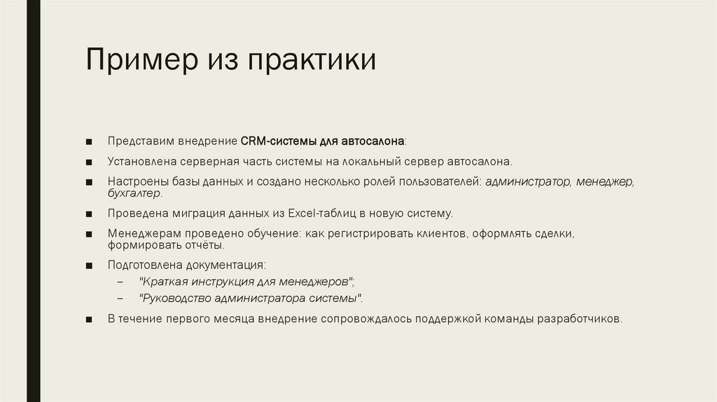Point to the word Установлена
tap(142, 160)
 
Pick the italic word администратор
tap(528, 181)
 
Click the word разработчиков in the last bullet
tap(578, 319)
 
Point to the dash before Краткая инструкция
tap(120, 282)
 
